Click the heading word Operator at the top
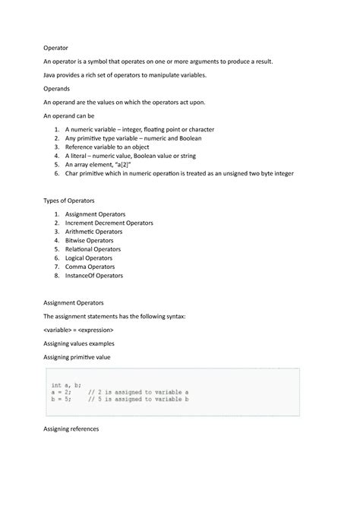point(55,47)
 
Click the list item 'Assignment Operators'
point(96,214)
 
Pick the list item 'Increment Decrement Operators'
point(109,223)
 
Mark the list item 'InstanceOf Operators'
point(94,275)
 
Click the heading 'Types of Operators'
point(69,200)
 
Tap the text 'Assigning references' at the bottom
point(71,429)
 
